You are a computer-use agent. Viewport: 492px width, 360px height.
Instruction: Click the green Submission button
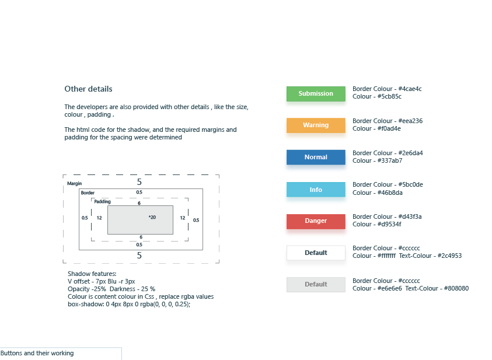(316, 93)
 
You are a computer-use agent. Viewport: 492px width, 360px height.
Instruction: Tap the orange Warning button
(316, 125)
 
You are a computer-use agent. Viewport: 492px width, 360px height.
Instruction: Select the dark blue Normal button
(316, 157)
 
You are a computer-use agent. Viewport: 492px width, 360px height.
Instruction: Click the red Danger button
(316, 221)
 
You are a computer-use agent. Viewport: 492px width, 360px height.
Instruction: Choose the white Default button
(316, 253)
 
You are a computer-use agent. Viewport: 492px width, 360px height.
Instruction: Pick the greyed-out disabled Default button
(316, 285)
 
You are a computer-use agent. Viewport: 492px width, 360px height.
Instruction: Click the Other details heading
(88, 89)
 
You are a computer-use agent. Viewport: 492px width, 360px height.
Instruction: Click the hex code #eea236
(410, 121)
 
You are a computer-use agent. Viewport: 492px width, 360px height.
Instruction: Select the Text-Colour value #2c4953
(449, 256)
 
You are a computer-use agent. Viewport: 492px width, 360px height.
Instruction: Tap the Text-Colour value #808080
(456, 288)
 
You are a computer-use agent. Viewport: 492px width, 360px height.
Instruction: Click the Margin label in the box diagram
(74, 183)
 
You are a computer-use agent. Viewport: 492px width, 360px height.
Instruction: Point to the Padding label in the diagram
(102, 202)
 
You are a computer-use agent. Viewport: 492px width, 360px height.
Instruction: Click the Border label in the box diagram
(88, 193)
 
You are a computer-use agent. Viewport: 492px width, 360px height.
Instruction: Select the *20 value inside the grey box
(152, 218)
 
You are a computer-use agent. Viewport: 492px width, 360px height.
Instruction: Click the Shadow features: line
(92, 274)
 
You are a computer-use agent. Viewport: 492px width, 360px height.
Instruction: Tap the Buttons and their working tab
(37, 353)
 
